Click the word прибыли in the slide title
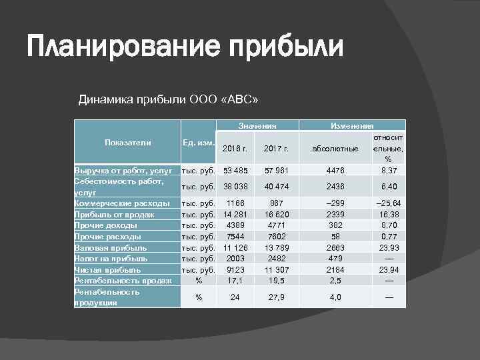[286, 48]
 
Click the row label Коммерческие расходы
[121, 203]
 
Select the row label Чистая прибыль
[108, 270]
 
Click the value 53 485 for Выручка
[235, 171]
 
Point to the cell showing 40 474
[275, 187]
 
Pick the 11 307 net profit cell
[275, 270]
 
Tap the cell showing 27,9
[275, 297]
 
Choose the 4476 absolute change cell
[335, 171]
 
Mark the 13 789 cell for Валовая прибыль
[275, 247]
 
